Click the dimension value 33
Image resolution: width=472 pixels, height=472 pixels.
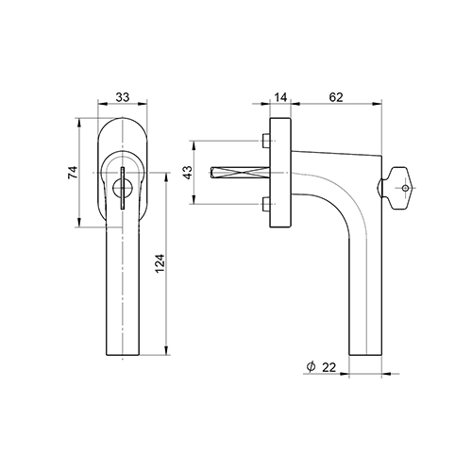(123, 97)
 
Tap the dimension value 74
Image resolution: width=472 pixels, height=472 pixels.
(73, 173)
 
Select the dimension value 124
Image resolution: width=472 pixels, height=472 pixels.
(160, 263)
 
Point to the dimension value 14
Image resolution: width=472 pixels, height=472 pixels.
(280, 97)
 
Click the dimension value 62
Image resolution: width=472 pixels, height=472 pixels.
(336, 97)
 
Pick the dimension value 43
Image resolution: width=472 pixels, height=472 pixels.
(188, 173)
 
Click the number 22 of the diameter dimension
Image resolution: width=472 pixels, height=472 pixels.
(329, 367)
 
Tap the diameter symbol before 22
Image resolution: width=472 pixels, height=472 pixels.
(311, 367)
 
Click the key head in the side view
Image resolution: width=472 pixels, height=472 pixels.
(398, 188)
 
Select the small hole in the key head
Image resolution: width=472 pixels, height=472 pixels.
(405, 188)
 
